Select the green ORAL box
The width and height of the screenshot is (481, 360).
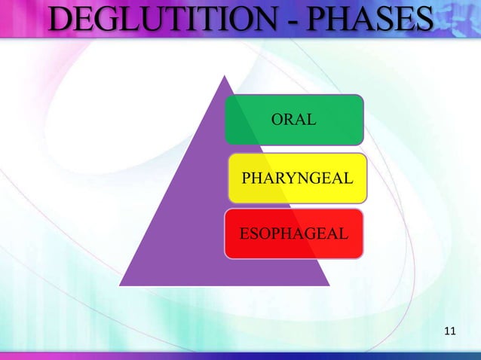(295, 119)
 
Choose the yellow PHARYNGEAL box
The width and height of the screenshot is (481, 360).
(297, 178)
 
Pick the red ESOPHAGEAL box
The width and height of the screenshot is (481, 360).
(294, 233)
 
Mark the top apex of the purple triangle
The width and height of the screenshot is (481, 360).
(225, 76)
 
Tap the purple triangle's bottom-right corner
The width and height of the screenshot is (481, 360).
(329, 285)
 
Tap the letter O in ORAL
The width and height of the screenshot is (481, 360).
(277, 119)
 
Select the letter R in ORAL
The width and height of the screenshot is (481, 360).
(290, 119)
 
